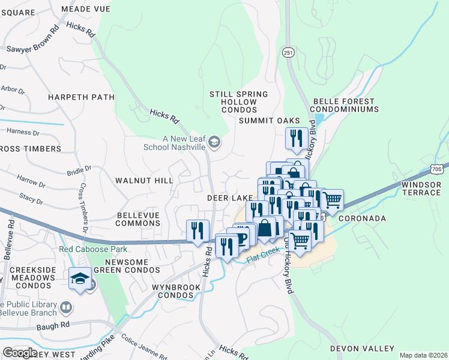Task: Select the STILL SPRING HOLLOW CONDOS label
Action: [x=233, y=102]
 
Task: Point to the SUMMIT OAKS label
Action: [x=269, y=121]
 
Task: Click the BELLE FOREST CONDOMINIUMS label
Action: [x=345, y=106]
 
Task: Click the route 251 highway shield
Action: [x=289, y=53]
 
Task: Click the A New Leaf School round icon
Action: [x=215, y=143]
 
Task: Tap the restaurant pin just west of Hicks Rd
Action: [x=197, y=230]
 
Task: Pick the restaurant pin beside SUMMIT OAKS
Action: [x=296, y=138]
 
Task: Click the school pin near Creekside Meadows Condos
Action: [x=80, y=278]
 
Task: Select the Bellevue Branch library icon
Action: [x=66, y=308]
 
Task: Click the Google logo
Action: [x=19, y=352]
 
